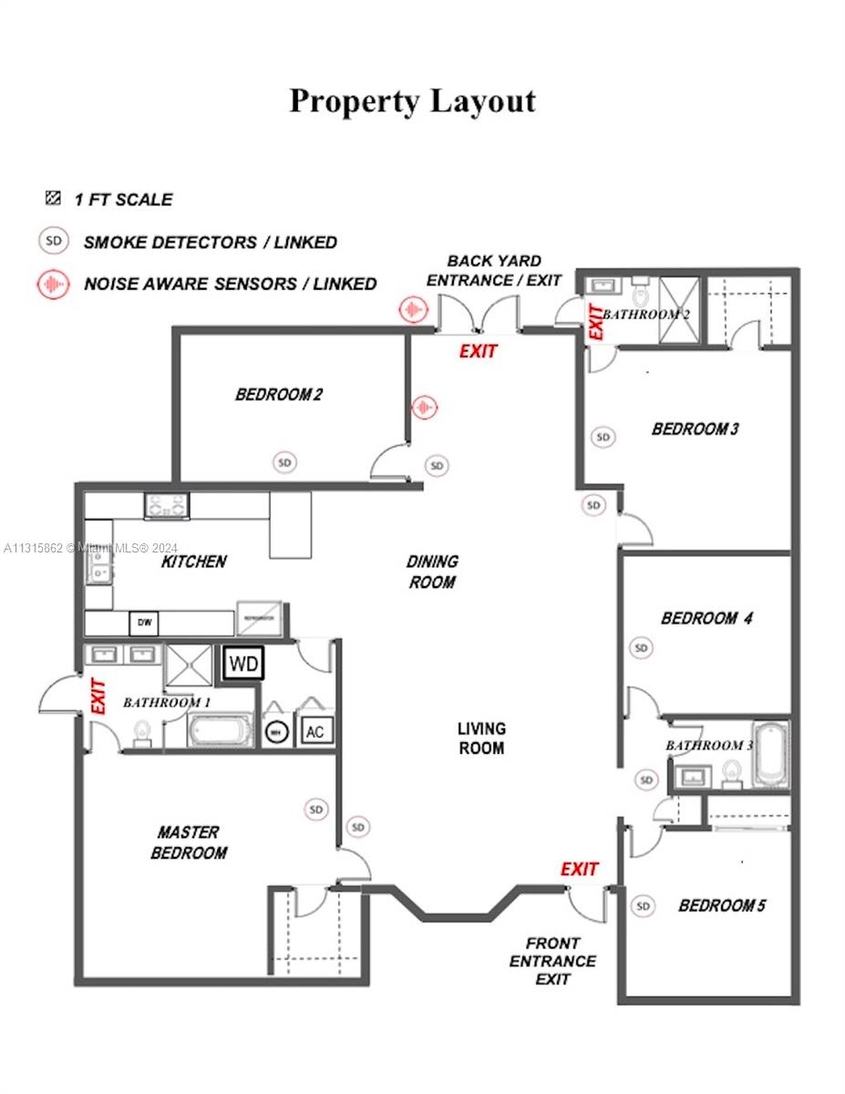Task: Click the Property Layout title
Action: [413, 101]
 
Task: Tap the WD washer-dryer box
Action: [242, 663]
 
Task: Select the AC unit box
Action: [314, 731]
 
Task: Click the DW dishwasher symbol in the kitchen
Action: [144, 624]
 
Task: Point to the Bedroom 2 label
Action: [278, 395]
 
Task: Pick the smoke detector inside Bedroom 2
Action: [285, 462]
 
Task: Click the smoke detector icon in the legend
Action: [54, 242]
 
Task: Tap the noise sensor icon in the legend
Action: [54, 284]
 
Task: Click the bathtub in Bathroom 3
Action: [771, 754]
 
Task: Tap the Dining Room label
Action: [432, 572]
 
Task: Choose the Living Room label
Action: [480, 738]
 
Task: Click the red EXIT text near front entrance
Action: [580, 869]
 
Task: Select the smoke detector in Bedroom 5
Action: [643, 905]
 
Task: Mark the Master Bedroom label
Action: [188, 842]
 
